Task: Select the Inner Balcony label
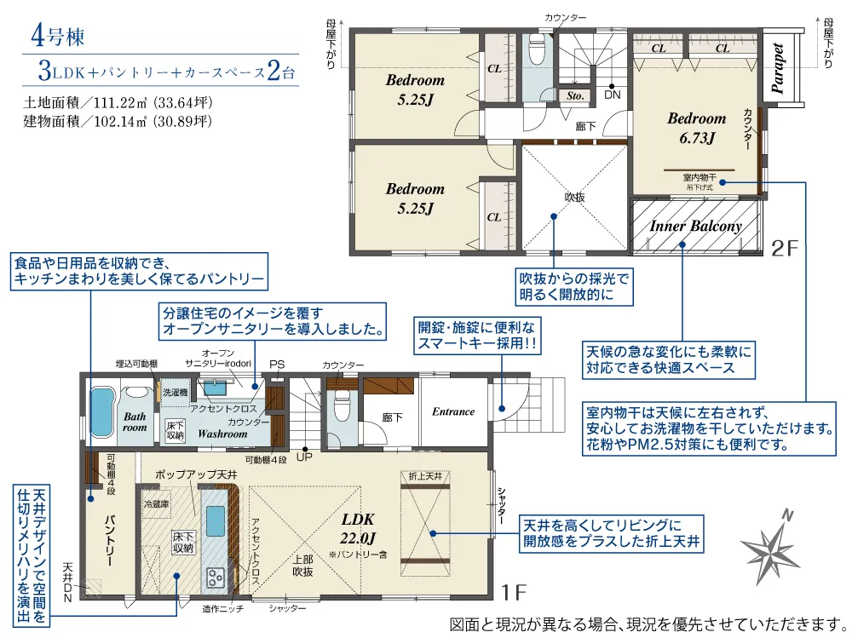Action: pos(695,227)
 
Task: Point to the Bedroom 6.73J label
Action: pos(696,128)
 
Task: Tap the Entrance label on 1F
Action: pos(452,412)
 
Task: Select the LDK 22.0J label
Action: pos(359,527)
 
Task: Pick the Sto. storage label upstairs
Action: pos(575,96)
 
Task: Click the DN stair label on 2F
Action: pos(612,95)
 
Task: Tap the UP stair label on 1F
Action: pos(303,456)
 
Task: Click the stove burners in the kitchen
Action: pos(213,575)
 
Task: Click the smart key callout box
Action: pos(477,336)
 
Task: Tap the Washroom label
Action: pos(222,434)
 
